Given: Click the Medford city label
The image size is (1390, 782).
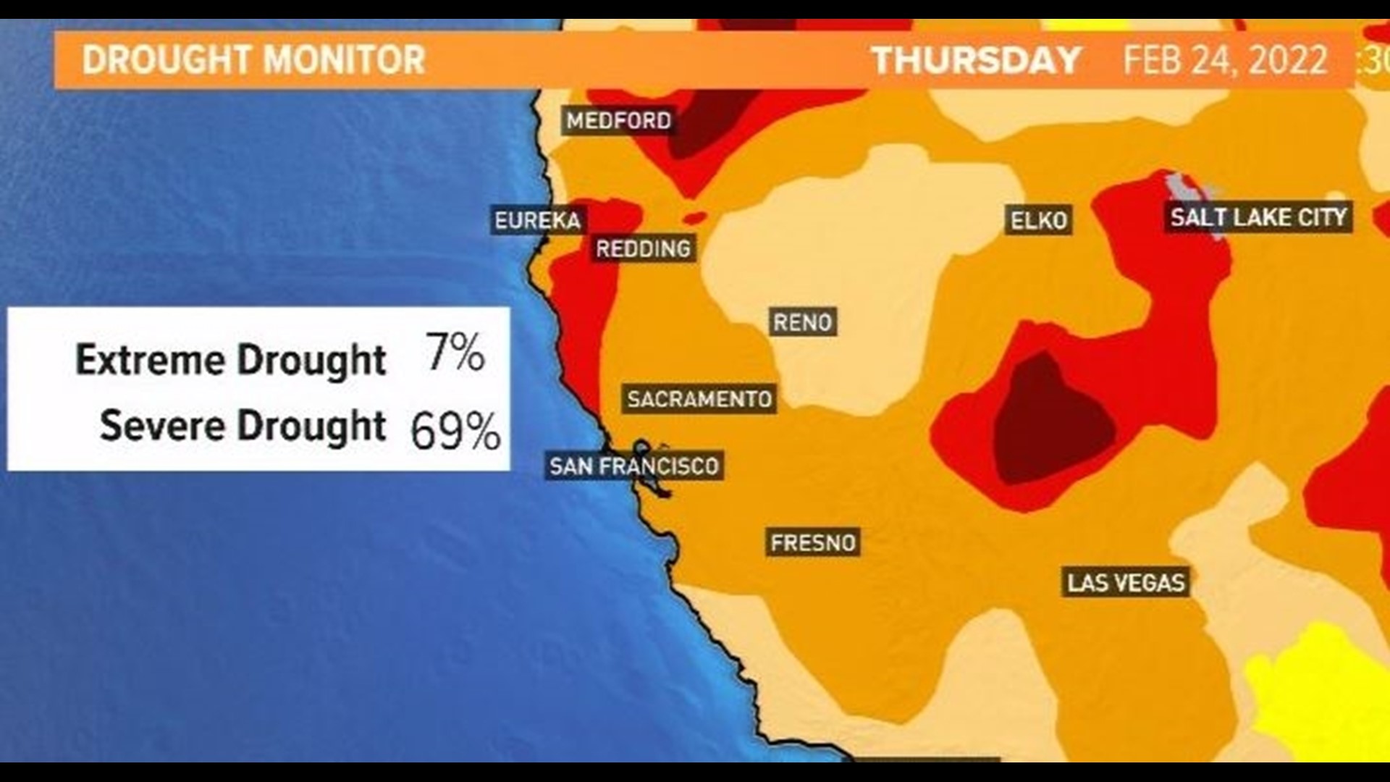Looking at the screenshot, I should (x=618, y=120).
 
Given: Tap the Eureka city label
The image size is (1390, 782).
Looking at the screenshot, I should (x=537, y=220).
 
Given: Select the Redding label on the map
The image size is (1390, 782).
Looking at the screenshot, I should (x=643, y=249).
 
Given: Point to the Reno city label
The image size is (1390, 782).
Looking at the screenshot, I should (x=802, y=321).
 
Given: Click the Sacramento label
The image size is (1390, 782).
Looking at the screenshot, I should (x=699, y=399).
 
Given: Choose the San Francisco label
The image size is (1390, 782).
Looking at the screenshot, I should (x=633, y=466).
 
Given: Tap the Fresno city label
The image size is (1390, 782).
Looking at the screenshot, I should (x=813, y=542).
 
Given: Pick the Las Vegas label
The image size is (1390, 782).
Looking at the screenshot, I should (x=1126, y=582).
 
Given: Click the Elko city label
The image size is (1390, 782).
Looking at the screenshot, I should (x=1038, y=220).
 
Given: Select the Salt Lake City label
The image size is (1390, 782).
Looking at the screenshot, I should (x=1258, y=216).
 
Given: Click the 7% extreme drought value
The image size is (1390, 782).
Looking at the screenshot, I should (x=455, y=353).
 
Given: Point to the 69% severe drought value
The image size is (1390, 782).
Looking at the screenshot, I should (x=455, y=430).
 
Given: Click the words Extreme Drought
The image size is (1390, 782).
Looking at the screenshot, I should (x=230, y=360).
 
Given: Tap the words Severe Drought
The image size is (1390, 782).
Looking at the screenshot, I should (x=242, y=426).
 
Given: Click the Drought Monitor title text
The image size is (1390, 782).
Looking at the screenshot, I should (x=253, y=59).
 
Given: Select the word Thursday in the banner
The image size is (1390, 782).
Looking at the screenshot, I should (x=976, y=59).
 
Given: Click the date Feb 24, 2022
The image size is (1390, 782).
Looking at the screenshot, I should (x=1225, y=59).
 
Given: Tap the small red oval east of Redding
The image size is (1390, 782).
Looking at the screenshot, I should (x=694, y=217).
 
